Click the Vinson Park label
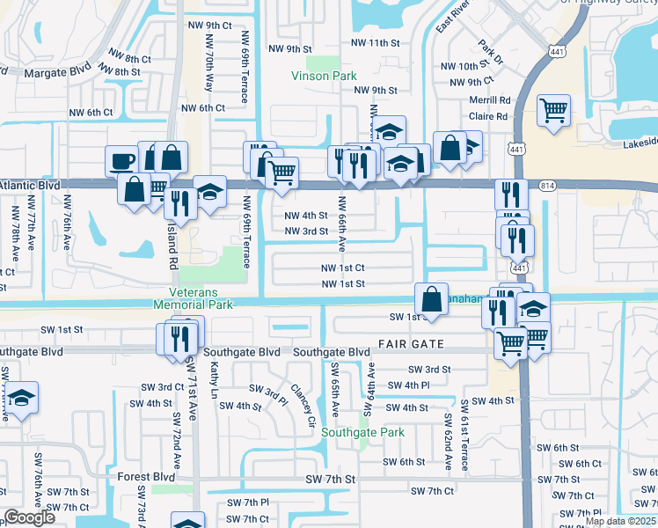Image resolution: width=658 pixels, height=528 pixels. pos(324,76)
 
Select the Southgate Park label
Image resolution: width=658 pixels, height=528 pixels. pos(362,432)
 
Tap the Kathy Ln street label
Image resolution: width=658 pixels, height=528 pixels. pos(214,382)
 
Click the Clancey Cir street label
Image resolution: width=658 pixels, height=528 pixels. pos(303,404)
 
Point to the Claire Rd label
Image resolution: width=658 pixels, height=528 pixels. pos(489,115)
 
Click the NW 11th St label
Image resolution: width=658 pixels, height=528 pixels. pos(375,42)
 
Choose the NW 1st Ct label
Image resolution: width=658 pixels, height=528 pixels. pos(342,268)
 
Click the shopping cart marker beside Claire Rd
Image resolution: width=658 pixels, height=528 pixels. pos(553,111)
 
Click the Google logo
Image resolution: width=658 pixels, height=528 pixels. pos(29,518)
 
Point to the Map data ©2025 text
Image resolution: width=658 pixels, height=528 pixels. pos(621,522)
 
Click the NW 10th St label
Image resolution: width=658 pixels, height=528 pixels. pos(464,66)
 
